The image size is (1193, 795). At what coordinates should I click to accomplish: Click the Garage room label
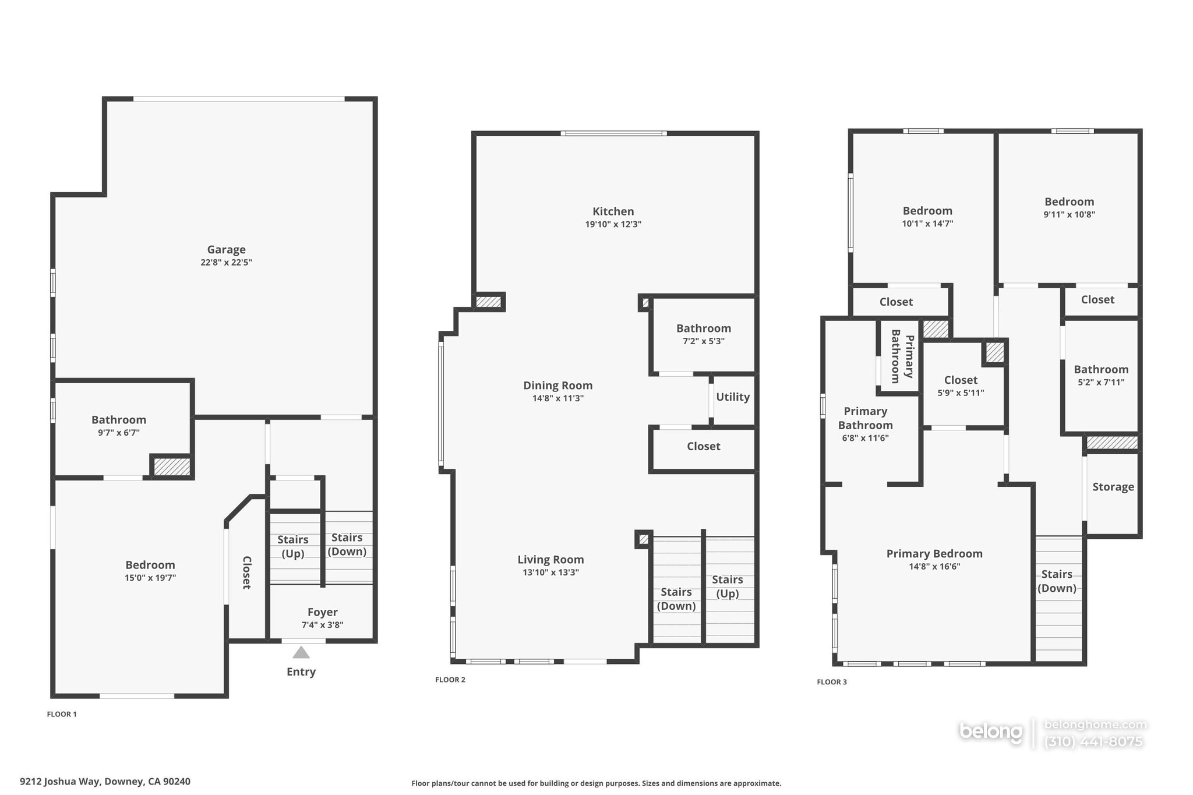(x=226, y=250)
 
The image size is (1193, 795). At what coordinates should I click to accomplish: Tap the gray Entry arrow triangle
(x=301, y=652)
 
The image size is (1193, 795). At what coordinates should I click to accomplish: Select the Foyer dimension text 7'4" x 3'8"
(x=322, y=625)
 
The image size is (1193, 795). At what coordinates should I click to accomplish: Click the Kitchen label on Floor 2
(x=613, y=211)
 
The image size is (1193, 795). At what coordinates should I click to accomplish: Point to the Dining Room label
(x=557, y=386)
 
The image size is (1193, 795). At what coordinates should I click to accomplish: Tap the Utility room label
(x=732, y=397)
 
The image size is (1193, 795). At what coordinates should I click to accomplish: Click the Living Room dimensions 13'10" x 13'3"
(x=550, y=573)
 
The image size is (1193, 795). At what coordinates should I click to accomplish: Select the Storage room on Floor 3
(x=1113, y=487)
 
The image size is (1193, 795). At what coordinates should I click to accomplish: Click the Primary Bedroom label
(x=934, y=554)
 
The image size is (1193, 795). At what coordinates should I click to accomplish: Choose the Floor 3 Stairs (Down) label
(x=1057, y=581)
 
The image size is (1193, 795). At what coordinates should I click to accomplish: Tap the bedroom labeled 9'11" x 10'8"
(x=1069, y=202)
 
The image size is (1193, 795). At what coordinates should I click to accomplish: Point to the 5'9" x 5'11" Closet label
(x=961, y=380)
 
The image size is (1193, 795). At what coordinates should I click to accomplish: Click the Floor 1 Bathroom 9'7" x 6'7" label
(x=119, y=420)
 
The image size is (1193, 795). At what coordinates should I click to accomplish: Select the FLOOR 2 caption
(x=450, y=680)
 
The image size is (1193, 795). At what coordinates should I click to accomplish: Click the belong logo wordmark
(x=990, y=732)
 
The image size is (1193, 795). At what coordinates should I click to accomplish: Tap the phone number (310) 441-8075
(x=1093, y=742)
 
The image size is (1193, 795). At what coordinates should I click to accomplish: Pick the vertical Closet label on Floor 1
(x=246, y=573)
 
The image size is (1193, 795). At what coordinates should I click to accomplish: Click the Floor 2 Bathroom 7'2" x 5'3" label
(x=703, y=328)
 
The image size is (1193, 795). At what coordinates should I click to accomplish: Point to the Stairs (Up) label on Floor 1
(x=292, y=546)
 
